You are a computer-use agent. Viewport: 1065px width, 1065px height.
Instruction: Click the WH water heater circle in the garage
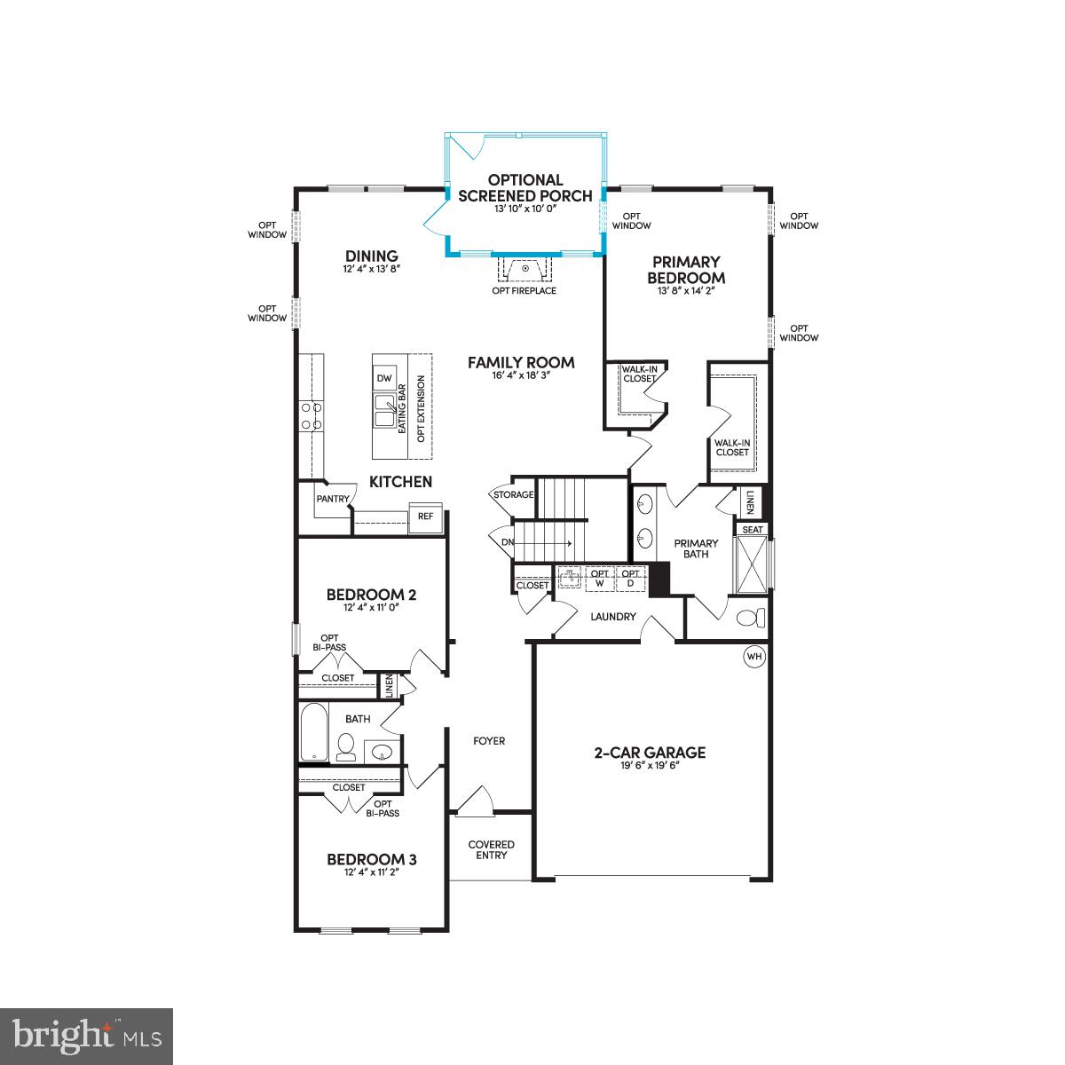tap(754, 656)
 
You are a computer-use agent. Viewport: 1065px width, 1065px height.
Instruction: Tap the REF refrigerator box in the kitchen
tap(425, 516)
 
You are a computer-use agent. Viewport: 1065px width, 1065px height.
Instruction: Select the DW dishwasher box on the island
tap(383, 378)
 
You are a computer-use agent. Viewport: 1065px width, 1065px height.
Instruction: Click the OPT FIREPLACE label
tap(524, 290)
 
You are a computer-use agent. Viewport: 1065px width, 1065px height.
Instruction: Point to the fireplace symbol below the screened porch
tap(525, 268)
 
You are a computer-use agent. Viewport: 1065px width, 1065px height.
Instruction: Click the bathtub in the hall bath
tap(313, 733)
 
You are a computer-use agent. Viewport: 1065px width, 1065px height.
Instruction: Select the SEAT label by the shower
tap(753, 529)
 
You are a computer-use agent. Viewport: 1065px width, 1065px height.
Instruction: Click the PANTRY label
tap(333, 499)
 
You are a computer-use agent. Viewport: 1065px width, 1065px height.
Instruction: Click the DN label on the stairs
tap(507, 542)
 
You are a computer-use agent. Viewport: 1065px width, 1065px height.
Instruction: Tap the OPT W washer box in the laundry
tap(601, 578)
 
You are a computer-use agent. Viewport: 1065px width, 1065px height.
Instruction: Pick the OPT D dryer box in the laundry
tap(630, 578)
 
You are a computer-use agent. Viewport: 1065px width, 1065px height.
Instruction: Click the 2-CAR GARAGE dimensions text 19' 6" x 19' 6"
tap(650, 766)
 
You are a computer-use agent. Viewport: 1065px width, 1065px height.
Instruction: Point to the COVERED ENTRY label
tap(492, 849)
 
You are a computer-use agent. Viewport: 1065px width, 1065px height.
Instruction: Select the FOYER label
tap(489, 740)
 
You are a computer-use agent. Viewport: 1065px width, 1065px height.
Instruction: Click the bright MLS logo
tap(87, 1035)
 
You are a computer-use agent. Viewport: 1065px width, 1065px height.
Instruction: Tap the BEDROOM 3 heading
tap(372, 859)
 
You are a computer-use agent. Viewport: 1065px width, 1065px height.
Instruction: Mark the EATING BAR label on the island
tap(402, 408)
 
